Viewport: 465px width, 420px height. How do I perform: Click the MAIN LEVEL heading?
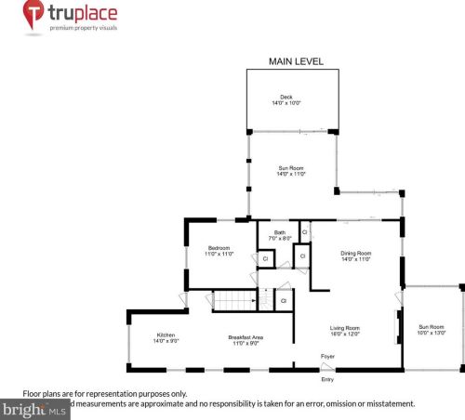296,61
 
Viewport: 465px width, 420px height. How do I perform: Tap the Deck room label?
286,97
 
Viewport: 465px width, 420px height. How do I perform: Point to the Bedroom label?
219,247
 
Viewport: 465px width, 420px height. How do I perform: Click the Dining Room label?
356,254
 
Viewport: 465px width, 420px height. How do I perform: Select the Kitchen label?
166,335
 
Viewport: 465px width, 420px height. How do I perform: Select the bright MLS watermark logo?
35,408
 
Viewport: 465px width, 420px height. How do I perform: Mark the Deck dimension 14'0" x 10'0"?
286,102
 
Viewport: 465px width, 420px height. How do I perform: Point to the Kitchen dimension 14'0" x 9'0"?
166,342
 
